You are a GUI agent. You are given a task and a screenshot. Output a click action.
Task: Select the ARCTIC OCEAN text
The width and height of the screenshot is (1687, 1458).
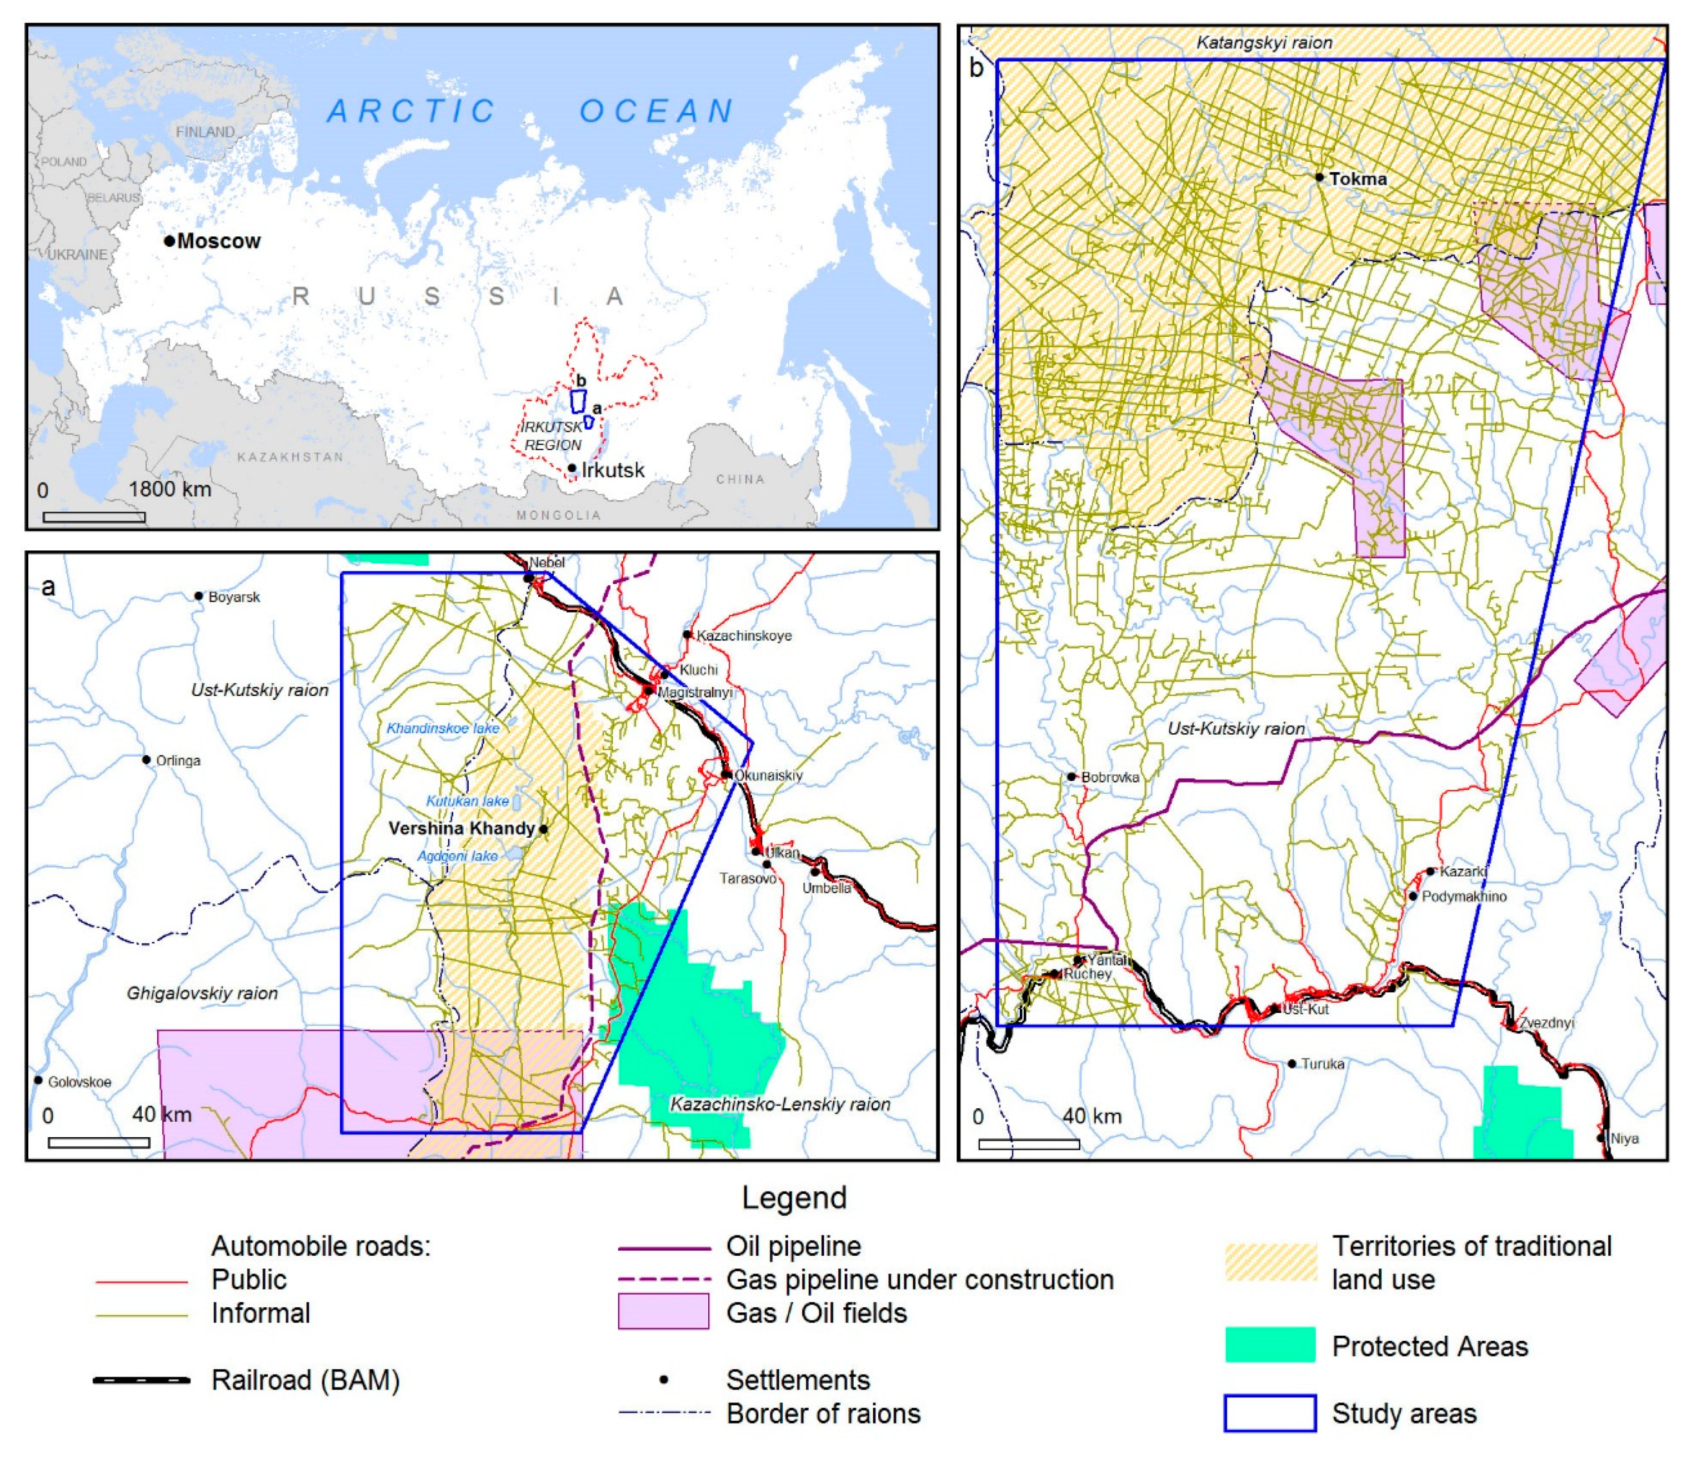click(x=532, y=111)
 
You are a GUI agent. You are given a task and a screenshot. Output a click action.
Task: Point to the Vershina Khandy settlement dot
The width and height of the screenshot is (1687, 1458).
click(x=543, y=829)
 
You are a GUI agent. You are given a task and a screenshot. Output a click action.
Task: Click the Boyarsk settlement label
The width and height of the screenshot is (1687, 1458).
click(x=234, y=597)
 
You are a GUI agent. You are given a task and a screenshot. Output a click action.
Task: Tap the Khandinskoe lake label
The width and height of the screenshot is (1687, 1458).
click(x=443, y=728)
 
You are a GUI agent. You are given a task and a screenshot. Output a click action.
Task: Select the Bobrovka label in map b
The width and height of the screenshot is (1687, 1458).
click(x=1110, y=777)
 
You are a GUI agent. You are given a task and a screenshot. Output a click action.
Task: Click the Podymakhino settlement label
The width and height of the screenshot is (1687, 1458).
click(x=1464, y=897)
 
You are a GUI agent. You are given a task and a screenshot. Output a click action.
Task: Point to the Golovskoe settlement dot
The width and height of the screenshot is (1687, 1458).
click(x=38, y=1080)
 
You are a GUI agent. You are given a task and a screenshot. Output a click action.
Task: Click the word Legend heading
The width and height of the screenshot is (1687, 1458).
click(x=794, y=1197)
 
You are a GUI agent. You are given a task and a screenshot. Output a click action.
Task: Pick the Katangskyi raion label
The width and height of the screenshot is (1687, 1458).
click(x=1264, y=42)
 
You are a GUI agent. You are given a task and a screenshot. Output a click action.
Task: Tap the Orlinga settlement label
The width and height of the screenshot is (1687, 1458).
click(x=178, y=761)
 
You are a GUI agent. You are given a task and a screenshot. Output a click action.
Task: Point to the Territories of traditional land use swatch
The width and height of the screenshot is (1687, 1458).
click(x=1270, y=1262)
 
